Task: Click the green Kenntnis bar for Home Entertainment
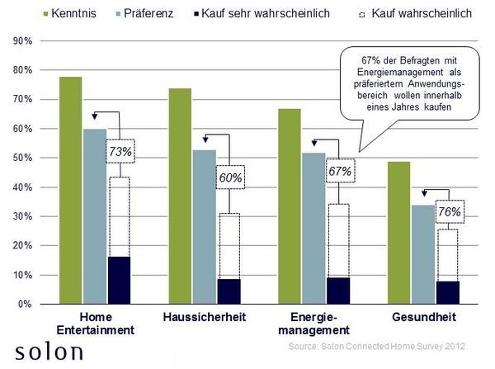[70, 190]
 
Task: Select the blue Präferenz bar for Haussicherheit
[205, 227]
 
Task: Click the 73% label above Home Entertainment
[120, 151]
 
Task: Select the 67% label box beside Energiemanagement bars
[340, 171]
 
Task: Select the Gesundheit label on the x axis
[421, 318]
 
